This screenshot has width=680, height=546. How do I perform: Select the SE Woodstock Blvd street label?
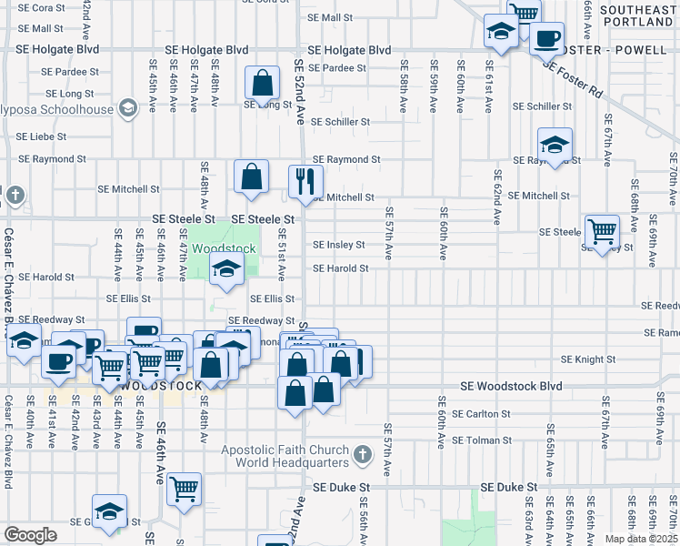click(x=511, y=386)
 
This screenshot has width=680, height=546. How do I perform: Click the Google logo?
click(x=30, y=534)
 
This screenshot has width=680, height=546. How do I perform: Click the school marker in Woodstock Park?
click(x=226, y=268)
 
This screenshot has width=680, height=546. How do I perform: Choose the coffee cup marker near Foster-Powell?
click(x=546, y=38)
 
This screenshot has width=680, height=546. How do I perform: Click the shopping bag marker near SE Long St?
click(x=262, y=83)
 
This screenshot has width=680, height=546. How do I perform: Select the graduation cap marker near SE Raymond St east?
click(x=555, y=143)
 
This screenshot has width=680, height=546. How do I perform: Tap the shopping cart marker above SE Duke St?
click(x=185, y=487)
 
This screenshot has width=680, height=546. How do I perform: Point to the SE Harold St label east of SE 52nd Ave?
click(x=340, y=268)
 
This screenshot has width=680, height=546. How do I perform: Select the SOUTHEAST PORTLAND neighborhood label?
click(x=635, y=14)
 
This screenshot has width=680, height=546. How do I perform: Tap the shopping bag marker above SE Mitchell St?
click(x=251, y=177)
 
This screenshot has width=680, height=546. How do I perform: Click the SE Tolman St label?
click(x=482, y=440)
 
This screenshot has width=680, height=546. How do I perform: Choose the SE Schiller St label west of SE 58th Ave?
click(x=340, y=121)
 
